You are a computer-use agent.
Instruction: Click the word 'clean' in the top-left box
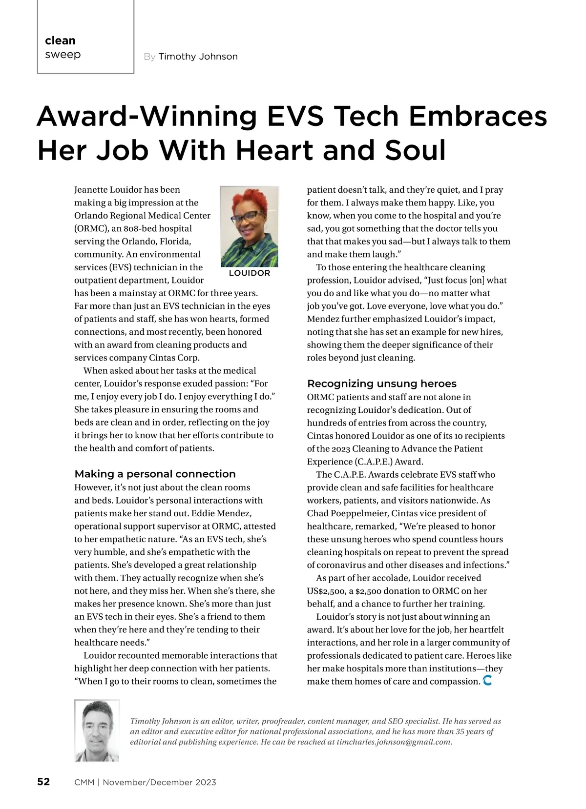(60, 40)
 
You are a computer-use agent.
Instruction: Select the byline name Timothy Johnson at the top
(198, 57)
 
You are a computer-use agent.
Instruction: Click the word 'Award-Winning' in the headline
(146, 117)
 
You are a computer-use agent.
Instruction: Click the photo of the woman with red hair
(250, 226)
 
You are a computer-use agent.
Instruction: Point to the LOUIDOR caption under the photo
(249, 273)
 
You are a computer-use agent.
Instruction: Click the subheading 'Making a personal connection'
(155, 474)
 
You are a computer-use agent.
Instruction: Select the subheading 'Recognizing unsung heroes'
(381, 384)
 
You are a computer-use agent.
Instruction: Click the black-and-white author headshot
(97, 730)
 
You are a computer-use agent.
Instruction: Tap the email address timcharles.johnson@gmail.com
(394, 742)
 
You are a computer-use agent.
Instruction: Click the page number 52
(43, 782)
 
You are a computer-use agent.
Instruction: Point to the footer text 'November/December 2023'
(159, 782)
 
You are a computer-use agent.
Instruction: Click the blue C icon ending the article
(487, 680)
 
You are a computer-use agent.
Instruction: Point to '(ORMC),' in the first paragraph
(90, 228)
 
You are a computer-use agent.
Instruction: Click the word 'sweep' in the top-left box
(63, 55)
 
